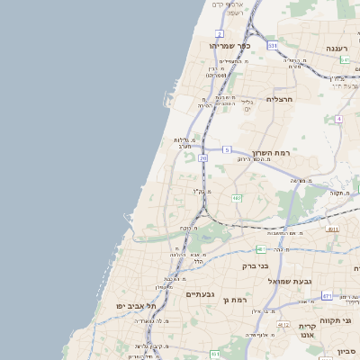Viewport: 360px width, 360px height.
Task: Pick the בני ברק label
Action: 256,265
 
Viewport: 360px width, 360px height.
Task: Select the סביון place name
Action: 346,351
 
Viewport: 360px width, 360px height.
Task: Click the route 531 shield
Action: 272,45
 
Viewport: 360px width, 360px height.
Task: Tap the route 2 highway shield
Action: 220,33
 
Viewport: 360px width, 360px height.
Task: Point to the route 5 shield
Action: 227,148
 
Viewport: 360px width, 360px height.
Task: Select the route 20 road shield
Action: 202,157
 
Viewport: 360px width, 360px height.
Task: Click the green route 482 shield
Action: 236,197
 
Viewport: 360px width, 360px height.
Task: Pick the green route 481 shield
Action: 260,248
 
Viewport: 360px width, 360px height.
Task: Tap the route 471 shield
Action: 328,295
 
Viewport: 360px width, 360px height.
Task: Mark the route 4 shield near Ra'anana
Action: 338,119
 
